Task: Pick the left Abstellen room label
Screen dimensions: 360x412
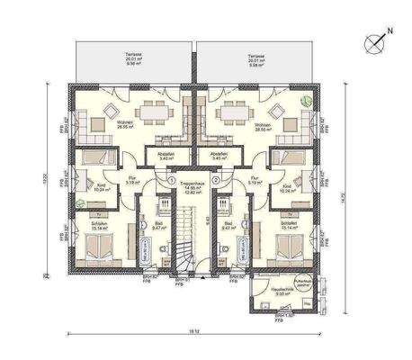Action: (166, 155)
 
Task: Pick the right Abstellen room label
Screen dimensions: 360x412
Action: (219, 155)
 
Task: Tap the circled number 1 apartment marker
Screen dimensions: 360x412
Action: (171, 179)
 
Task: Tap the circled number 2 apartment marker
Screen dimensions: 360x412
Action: (216, 179)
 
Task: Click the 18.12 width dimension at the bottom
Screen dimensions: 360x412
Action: (193, 332)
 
